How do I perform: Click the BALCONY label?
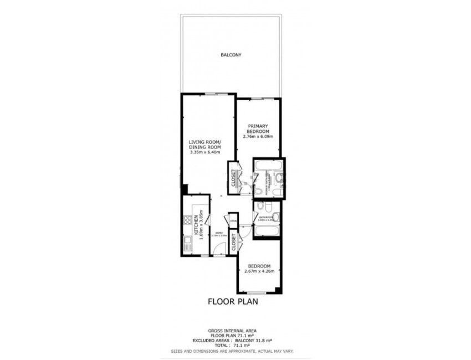click(231, 55)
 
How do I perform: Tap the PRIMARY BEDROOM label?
click(258, 128)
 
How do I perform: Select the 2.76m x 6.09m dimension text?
click(258, 136)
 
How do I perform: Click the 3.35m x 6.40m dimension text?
click(204, 153)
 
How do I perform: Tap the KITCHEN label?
click(196, 226)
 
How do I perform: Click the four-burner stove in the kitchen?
click(187, 220)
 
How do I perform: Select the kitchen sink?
click(187, 243)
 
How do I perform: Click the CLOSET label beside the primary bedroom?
click(233, 178)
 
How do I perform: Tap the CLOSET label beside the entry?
click(234, 243)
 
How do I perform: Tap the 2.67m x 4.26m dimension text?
click(259, 271)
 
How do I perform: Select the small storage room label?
click(233, 220)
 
